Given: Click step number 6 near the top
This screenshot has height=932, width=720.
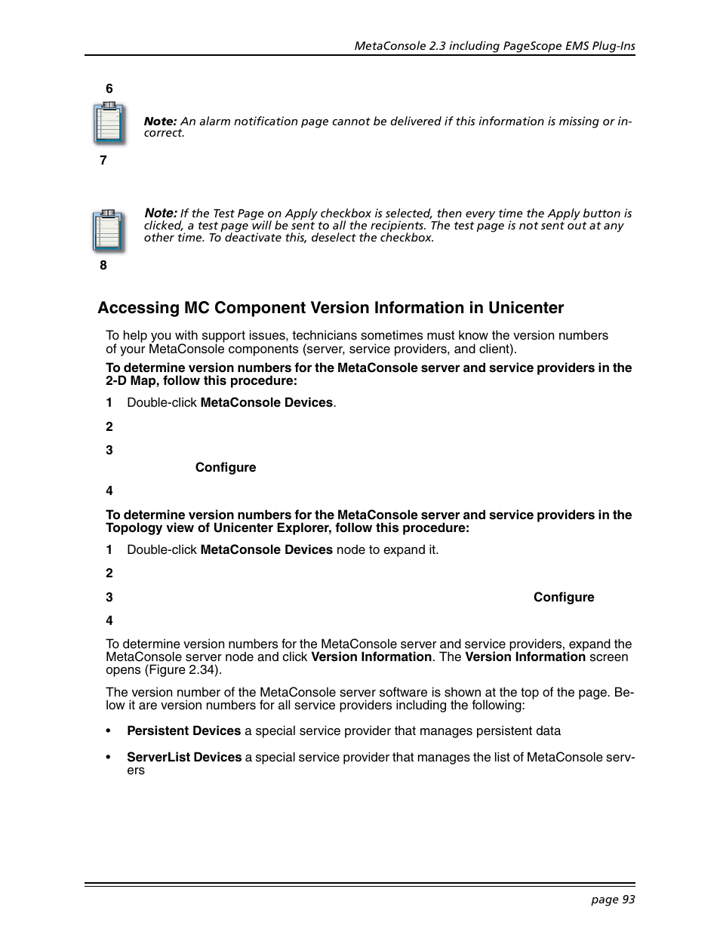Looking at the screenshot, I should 109,89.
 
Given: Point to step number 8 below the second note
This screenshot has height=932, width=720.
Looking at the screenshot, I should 103,266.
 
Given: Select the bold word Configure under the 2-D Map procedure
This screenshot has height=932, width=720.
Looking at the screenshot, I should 225,468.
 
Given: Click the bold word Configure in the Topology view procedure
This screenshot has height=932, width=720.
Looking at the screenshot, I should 563,598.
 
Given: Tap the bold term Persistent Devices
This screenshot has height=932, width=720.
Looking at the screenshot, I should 183,731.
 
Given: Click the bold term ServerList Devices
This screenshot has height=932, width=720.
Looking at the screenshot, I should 184,757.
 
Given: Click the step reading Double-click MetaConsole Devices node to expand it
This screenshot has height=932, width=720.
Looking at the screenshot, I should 282,550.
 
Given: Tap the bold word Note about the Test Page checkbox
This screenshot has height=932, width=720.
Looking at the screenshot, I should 159,214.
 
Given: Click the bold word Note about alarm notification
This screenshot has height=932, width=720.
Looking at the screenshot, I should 159,121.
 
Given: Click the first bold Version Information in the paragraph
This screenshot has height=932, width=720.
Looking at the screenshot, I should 371,657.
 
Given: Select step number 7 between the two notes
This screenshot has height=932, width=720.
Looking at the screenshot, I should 103,161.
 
